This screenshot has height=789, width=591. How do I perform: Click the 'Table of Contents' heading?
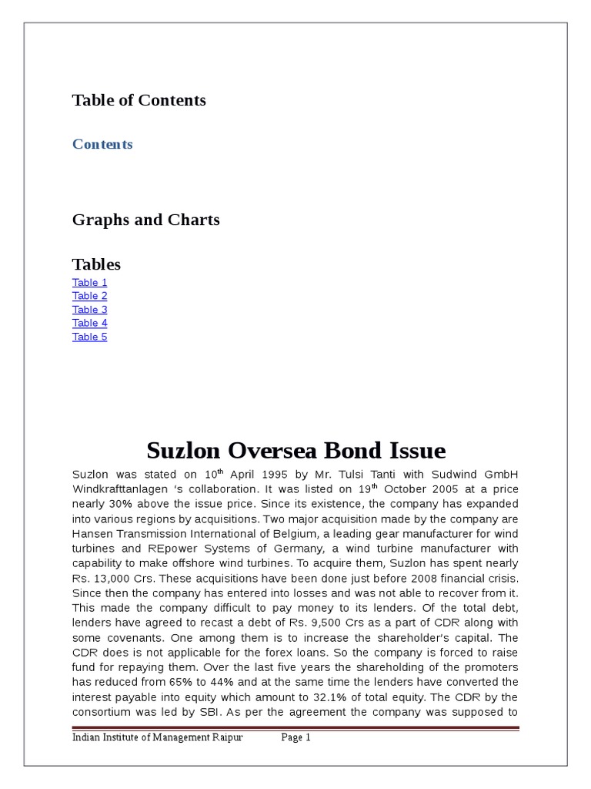(x=139, y=100)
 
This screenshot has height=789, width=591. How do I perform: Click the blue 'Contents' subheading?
(x=102, y=144)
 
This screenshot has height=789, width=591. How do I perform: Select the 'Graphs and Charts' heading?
(x=145, y=220)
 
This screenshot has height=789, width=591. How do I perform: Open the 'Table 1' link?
(x=90, y=282)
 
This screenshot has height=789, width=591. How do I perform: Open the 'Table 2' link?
(x=90, y=296)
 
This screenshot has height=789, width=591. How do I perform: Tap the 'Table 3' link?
(x=90, y=310)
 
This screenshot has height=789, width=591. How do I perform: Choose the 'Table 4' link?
(x=90, y=323)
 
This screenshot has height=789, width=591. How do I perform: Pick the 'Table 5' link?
(x=90, y=337)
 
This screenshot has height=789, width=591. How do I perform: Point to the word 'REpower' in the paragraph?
(x=174, y=549)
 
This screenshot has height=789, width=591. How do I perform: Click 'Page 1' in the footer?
(x=295, y=737)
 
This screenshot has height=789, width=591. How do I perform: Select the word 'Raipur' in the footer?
(x=227, y=737)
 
